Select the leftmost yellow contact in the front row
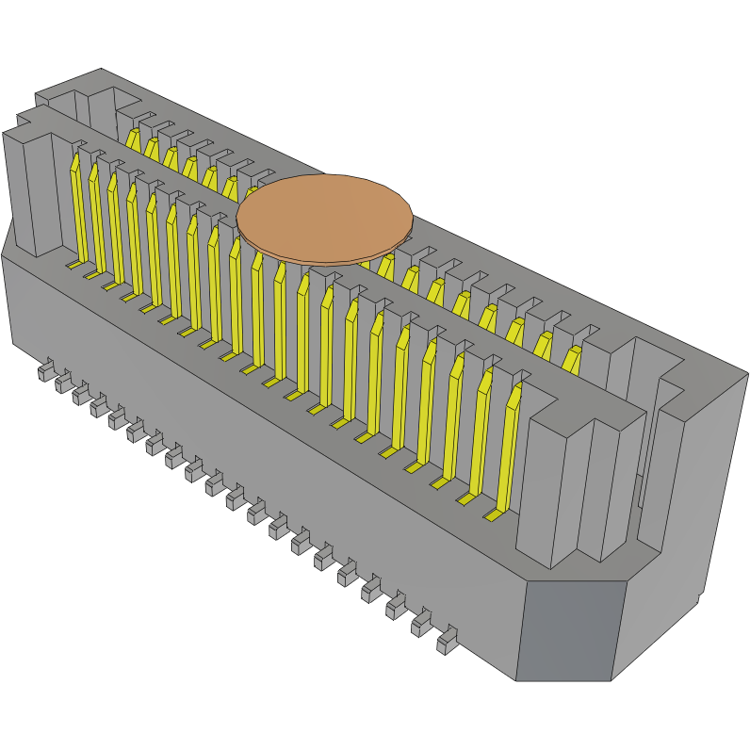[x=78, y=207]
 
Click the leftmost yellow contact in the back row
[x=133, y=139]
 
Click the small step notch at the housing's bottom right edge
[x=699, y=595]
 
